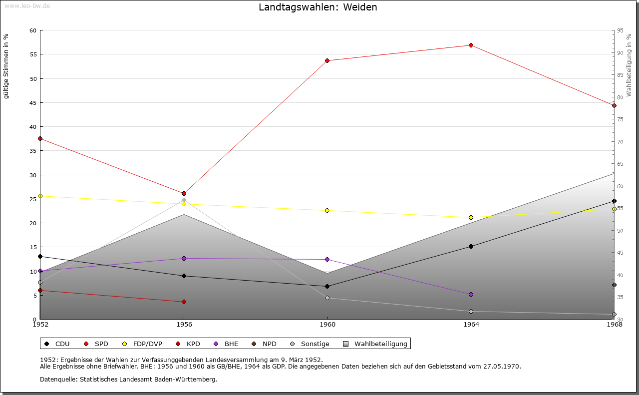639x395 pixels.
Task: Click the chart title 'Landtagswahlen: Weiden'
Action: click(318, 7)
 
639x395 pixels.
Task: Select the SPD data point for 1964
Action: click(471, 45)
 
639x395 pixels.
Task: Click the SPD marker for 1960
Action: click(327, 61)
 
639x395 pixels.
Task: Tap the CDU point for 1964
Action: click(471, 246)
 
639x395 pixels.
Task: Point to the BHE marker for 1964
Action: click(471, 295)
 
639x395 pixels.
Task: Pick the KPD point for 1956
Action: click(184, 302)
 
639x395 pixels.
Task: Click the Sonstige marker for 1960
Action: click(327, 298)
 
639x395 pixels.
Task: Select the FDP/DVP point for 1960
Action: click(327, 211)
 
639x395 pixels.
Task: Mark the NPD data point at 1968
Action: click(614, 285)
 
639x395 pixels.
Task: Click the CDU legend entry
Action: click(57, 344)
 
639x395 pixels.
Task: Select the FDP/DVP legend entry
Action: click(142, 344)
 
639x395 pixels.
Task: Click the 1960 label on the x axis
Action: click(327, 325)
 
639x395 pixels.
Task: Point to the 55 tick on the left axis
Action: click(32, 54)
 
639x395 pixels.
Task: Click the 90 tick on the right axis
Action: click(621, 53)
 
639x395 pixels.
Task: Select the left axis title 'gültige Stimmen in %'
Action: click(6, 66)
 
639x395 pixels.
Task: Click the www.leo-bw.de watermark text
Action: click(26, 5)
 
